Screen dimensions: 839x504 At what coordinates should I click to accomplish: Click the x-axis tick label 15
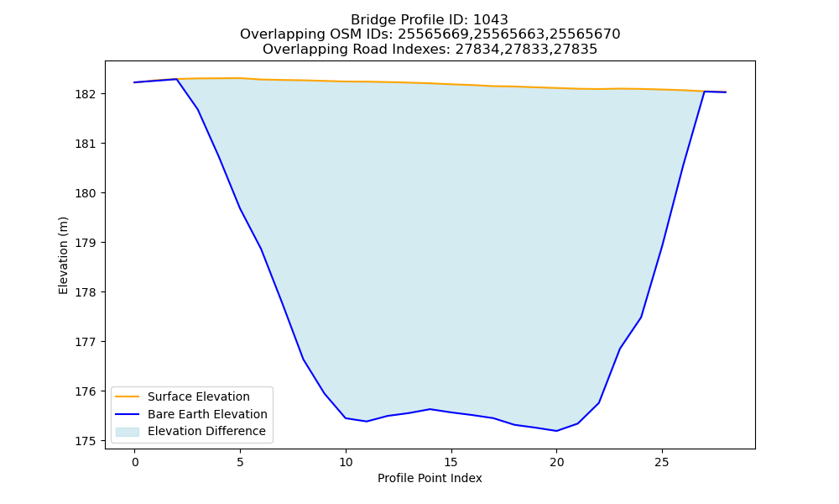pyautogui.click(x=451, y=462)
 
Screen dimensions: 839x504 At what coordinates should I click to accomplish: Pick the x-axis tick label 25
pyautogui.click(x=662, y=462)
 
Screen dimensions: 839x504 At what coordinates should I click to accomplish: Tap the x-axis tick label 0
pyautogui.click(x=135, y=462)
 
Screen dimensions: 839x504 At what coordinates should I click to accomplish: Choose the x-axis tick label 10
pyautogui.click(x=346, y=462)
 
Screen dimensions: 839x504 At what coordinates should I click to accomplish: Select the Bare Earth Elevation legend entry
pyautogui.click(x=191, y=414)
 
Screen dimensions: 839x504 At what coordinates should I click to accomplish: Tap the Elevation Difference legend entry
pyautogui.click(x=191, y=431)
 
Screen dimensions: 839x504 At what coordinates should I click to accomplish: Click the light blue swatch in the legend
pyautogui.click(x=128, y=432)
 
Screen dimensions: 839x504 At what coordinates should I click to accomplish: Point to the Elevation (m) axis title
pyautogui.click(x=64, y=255)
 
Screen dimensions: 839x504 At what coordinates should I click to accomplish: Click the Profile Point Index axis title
pyautogui.click(x=430, y=478)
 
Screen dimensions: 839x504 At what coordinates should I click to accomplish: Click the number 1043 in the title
pyautogui.click(x=491, y=20)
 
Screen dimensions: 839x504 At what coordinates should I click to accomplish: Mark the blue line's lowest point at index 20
pyautogui.click(x=556, y=431)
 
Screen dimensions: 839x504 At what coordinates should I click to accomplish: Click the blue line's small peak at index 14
pyautogui.click(x=430, y=409)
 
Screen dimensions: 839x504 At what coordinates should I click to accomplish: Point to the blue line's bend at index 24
pyautogui.click(x=641, y=317)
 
